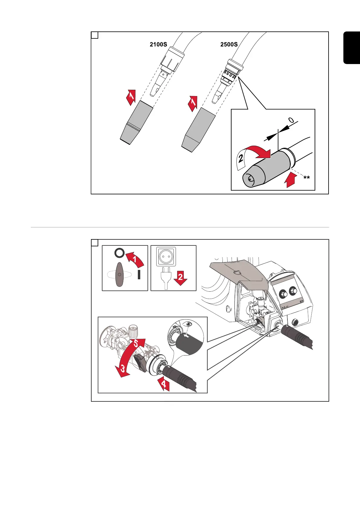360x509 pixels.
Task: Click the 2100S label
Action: pos(158,44)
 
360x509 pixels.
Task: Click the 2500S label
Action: pos(229,44)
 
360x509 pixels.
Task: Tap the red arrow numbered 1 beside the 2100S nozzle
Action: pos(131,97)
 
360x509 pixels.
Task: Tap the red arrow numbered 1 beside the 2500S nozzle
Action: pos(193,104)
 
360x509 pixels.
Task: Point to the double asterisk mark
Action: pos(306,178)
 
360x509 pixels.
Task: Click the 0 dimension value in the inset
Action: pos(291,120)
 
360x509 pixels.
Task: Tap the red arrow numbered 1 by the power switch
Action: pos(135,260)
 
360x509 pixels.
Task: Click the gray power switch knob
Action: pos(120,274)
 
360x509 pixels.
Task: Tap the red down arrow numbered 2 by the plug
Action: pos(180,278)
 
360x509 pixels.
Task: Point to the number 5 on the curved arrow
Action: pos(137,343)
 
